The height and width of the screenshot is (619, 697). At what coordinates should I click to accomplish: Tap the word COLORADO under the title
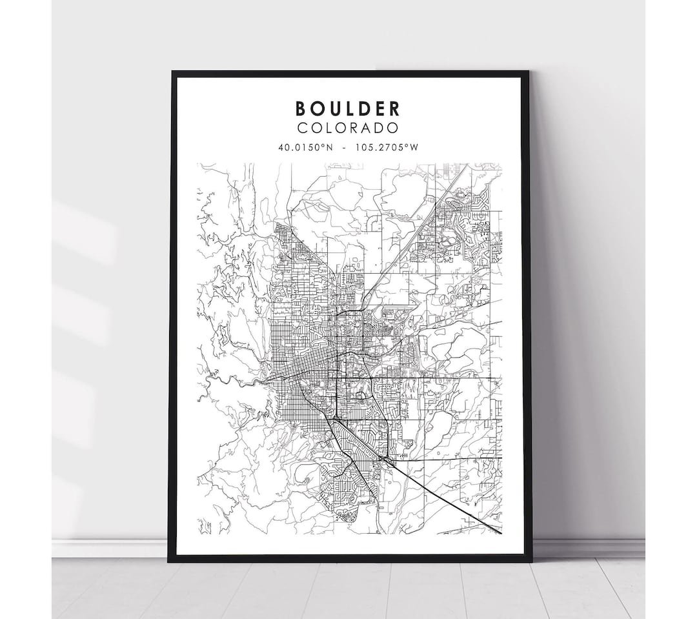[348, 128]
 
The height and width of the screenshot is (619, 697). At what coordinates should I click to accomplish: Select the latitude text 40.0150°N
[305, 147]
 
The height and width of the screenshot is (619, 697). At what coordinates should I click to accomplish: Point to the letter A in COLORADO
[366, 128]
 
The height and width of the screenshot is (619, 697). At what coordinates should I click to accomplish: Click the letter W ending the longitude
[416, 147]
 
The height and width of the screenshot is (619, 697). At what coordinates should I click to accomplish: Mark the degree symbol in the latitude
[323, 145]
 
